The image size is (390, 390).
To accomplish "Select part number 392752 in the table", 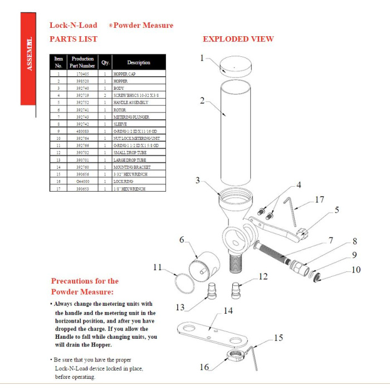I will click(82, 103).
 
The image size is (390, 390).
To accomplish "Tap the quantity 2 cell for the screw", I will click(105, 95).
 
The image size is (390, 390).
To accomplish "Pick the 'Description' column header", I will click(139, 62).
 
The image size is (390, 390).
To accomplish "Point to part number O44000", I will click(82, 181).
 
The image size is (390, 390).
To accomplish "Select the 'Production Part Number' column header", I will click(82, 62).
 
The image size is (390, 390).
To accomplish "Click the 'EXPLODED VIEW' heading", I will click(238, 39).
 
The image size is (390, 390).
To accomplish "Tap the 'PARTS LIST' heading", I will click(74, 39).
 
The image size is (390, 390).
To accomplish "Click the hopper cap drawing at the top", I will click(234, 66).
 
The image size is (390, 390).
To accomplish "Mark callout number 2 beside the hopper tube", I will click(203, 101).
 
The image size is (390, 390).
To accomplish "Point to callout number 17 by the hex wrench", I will click(319, 198).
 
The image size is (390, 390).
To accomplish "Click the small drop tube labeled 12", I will click(238, 291).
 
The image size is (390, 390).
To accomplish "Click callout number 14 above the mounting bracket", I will click(228, 311).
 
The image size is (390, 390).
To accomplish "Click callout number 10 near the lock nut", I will click(356, 270).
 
